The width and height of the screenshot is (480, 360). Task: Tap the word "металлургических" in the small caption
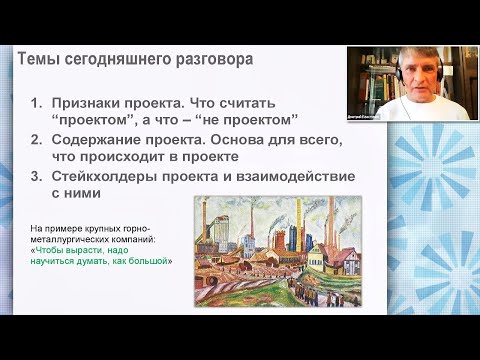75,240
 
